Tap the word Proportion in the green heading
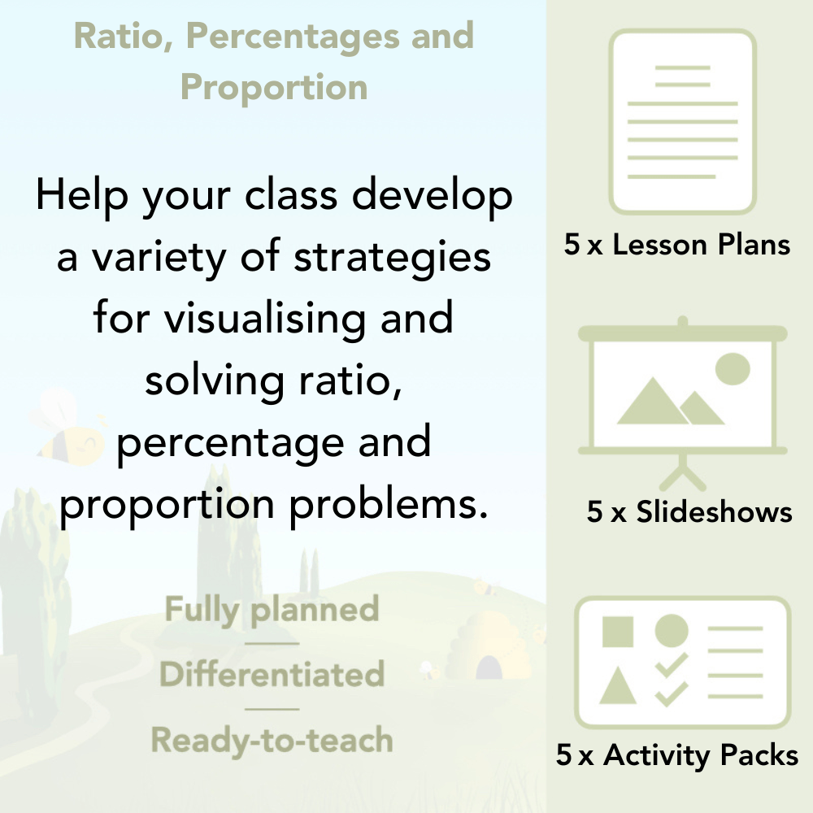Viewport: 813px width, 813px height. tap(274, 87)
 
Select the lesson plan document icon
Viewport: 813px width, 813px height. tap(683, 121)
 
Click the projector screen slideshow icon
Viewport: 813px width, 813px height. tap(683, 390)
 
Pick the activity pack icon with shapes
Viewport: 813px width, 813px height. tap(683, 663)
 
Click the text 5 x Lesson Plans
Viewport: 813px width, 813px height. tap(677, 245)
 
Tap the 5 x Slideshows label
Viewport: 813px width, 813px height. tap(689, 511)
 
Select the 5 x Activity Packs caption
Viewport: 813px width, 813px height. tap(677, 755)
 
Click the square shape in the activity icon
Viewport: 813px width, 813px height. tap(618, 632)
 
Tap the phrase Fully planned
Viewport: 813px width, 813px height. tap(272, 610)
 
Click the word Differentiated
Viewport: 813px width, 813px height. tap(272, 675)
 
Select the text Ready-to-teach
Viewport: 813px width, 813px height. tap(272, 741)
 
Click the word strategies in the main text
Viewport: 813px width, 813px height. tap(392, 259)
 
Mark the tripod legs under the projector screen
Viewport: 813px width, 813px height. tap(683, 470)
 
